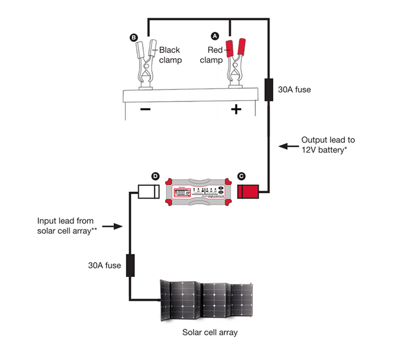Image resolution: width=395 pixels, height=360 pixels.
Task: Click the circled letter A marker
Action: (x=214, y=36)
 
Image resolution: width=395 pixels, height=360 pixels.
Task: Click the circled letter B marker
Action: (x=133, y=37)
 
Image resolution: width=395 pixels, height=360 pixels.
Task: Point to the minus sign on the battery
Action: (x=145, y=109)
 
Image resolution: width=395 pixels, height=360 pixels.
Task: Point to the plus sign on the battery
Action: (x=236, y=109)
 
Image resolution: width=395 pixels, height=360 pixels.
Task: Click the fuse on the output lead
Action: (x=268, y=89)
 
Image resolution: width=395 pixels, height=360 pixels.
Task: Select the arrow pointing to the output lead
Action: (x=288, y=147)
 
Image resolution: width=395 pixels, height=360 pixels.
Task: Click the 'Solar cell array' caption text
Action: (x=210, y=333)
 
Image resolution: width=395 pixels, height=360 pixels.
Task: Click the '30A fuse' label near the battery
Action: (x=294, y=89)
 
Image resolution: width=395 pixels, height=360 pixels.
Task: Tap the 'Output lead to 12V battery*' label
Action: (x=328, y=145)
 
